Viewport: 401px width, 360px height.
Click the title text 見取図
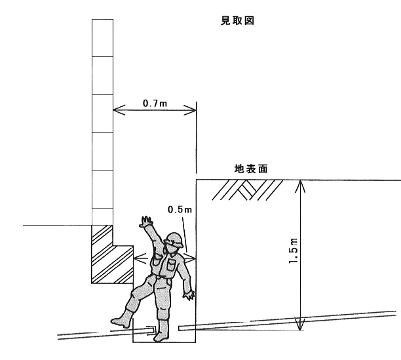(x=237, y=20)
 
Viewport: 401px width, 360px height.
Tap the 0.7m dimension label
(x=155, y=104)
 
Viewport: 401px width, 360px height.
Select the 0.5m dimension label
(x=180, y=210)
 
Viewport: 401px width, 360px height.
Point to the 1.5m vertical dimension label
(x=293, y=250)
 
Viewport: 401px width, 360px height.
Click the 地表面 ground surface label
(x=251, y=169)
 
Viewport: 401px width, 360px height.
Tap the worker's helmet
(x=174, y=239)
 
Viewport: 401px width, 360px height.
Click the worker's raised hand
(x=146, y=222)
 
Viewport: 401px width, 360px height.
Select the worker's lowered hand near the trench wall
(x=189, y=295)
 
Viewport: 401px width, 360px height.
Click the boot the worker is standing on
(x=161, y=331)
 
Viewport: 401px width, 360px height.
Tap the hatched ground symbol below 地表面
(x=247, y=190)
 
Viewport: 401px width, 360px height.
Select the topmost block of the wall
(x=102, y=38)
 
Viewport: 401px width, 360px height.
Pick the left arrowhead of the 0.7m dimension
(x=119, y=110)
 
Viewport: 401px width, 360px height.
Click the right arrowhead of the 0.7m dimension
(x=190, y=110)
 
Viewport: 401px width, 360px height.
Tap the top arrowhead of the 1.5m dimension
(x=300, y=186)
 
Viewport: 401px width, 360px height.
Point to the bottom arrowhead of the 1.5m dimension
(x=300, y=324)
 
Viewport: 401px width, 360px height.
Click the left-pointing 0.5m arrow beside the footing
(x=140, y=258)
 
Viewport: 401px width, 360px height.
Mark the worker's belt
(x=162, y=277)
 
